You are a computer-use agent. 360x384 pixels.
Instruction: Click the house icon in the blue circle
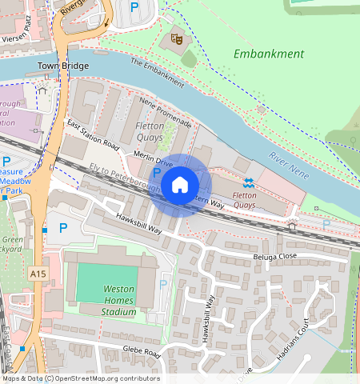coord(180,185)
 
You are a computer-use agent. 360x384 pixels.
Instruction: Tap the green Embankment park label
coord(269,54)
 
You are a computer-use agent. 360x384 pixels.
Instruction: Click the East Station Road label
coord(92,136)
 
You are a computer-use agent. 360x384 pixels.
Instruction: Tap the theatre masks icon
coord(176,38)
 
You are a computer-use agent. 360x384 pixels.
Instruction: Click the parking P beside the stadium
coord(164,284)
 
